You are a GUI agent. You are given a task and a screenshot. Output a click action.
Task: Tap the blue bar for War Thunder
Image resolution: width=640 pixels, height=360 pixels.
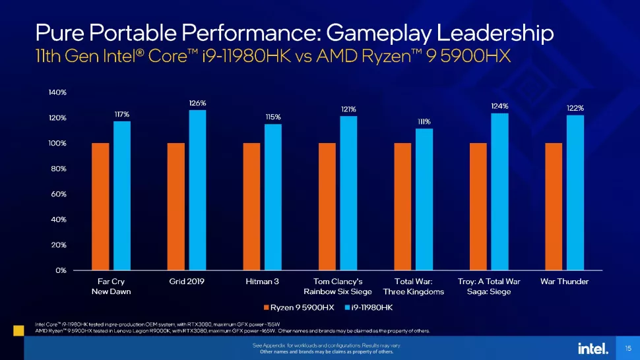click(x=575, y=193)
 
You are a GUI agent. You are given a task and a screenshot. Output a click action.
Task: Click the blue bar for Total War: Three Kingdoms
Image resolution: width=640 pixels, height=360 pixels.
click(x=424, y=199)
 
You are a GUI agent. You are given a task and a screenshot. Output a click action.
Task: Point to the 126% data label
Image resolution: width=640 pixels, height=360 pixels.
click(x=198, y=103)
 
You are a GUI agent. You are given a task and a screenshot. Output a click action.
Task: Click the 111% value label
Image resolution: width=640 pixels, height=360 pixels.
click(x=424, y=121)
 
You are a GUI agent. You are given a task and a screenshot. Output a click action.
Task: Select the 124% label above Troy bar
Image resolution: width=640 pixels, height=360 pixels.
click(x=499, y=105)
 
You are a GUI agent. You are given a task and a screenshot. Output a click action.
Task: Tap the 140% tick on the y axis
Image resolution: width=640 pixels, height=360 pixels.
click(x=57, y=93)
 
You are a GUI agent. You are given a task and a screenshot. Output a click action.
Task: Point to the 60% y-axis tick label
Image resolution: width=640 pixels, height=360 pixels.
click(x=59, y=195)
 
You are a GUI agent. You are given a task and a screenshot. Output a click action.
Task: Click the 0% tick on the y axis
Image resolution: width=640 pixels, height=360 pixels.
click(x=61, y=270)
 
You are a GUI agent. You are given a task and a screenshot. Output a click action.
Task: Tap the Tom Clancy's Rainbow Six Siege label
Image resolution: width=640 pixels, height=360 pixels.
click(x=338, y=286)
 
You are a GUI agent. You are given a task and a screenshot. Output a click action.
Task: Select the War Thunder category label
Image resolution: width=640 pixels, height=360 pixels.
click(x=564, y=282)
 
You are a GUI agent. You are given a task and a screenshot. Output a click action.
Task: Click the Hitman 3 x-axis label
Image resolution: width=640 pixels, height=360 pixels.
click(x=261, y=282)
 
